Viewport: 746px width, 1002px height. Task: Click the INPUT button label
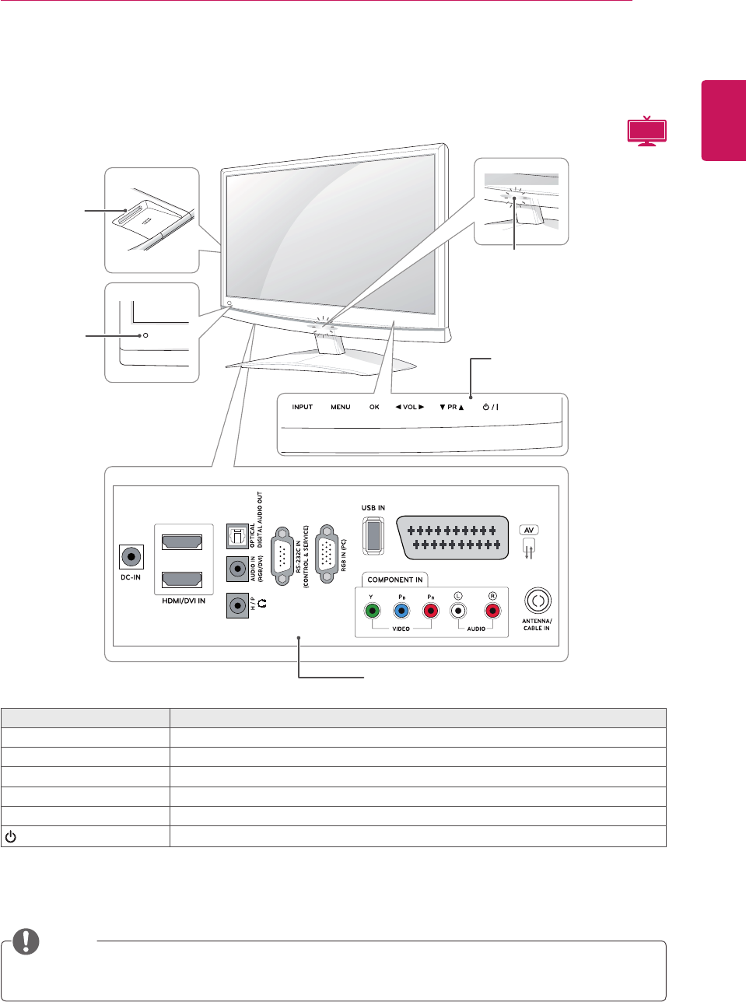pos(303,407)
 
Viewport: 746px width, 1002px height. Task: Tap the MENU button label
pos(340,407)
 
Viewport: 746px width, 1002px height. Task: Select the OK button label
pos(374,407)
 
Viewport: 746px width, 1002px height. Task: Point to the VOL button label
pos(409,407)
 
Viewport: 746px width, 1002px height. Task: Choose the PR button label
pos(451,407)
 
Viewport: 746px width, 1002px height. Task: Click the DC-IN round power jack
pos(131,557)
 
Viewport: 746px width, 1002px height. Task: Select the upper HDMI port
pos(181,541)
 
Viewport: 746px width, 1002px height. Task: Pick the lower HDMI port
pos(181,580)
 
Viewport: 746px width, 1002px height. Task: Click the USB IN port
pos(373,535)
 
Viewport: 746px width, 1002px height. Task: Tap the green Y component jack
pos(373,611)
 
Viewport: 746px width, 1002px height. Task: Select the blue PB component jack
pos(401,611)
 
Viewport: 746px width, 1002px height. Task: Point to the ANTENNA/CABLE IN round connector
pos(538,601)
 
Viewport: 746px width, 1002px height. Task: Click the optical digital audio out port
pos(236,535)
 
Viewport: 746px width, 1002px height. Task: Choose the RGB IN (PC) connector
pos(327,553)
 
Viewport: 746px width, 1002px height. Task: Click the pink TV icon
pos(647,131)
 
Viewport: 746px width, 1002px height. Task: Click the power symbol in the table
pos(11,837)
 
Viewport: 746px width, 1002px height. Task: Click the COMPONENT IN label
pos(395,580)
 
